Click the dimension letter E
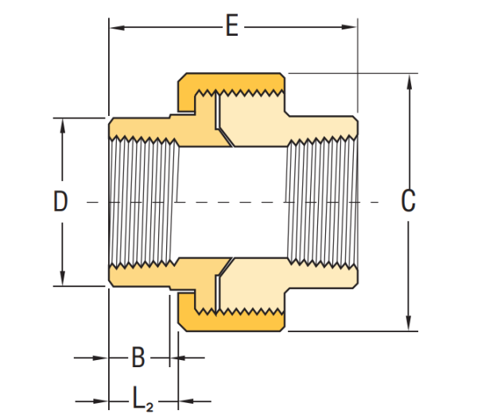pyautogui.click(x=232, y=25)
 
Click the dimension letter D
pyautogui.click(x=60, y=200)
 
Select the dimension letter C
pyautogui.click(x=409, y=200)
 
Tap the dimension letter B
pyautogui.click(x=138, y=357)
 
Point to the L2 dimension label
pyautogui.click(x=142, y=398)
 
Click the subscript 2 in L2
pyautogui.click(x=149, y=407)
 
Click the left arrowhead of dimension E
pyautogui.click(x=117, y=28)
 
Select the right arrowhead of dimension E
pyautogui.click(x=349, y=27)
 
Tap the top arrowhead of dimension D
pyautogui.click(x=63, y=126)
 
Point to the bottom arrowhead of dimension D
pyautogui.click(x=63, y=278)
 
